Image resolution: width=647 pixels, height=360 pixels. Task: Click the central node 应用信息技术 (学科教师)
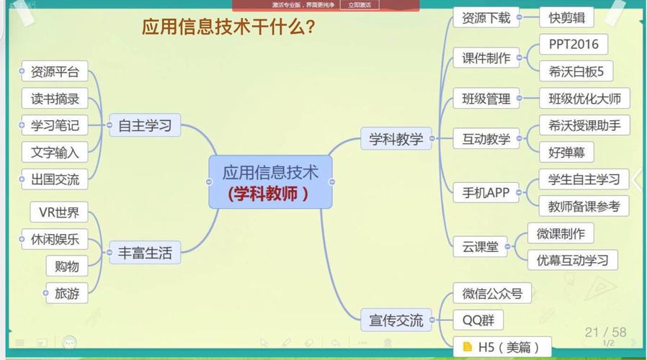click(270, 182)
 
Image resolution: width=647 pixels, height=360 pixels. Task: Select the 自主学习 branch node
click(145, 126)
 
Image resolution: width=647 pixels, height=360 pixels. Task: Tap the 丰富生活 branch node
click(145, 253)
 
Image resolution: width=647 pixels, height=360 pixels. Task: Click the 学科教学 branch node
click(396, 139)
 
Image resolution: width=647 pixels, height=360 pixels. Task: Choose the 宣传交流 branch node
click(396, 320)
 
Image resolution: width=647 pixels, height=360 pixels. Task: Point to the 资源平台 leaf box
click(55, 72)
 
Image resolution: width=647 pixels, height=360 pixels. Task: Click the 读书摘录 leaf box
click(55, 99)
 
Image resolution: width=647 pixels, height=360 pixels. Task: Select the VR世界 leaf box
click(59, 212)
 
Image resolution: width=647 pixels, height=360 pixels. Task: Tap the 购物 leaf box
click(67, 266)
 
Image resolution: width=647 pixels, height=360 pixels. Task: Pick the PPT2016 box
click(574, 44)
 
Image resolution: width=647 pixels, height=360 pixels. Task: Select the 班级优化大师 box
click(584, 99)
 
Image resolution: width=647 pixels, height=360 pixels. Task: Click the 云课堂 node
click(481, 247)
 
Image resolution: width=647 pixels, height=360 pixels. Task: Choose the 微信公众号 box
click(487, 294)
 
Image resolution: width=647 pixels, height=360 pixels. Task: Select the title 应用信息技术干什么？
click(228, 27)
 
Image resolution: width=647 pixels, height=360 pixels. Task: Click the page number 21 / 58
click(605, 332)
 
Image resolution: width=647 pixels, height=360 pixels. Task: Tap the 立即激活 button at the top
click(360, 4)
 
